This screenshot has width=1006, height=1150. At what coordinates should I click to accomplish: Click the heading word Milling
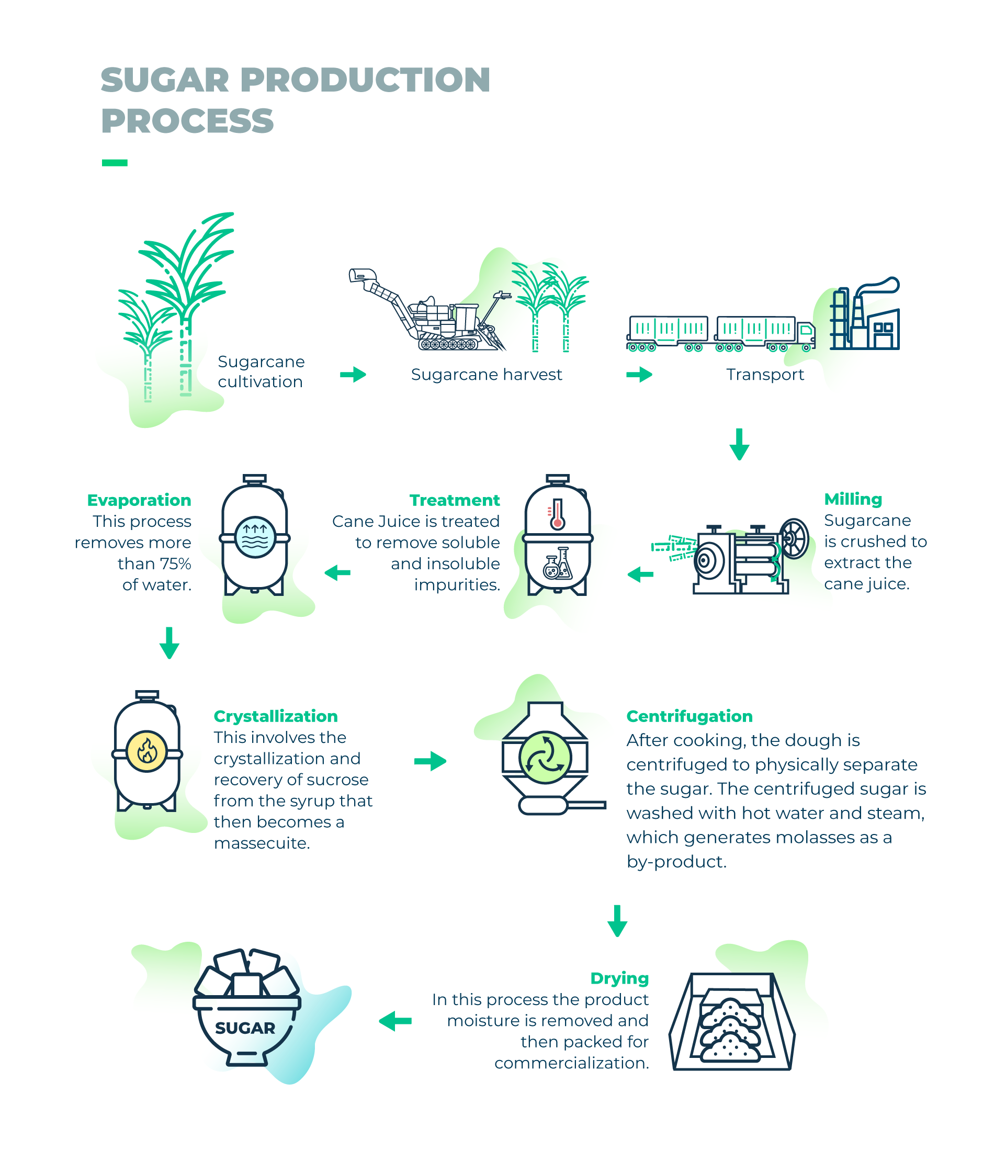point(852,499)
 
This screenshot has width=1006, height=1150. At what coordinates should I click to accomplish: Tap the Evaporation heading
point(139,500)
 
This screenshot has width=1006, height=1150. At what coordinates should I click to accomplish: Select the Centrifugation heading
point(689,716)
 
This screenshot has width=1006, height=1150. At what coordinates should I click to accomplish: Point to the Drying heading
point(619,978)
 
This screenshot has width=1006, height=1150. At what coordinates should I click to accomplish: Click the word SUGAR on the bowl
point(245,1028)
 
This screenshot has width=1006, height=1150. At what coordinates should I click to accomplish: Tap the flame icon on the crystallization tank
point(146,751)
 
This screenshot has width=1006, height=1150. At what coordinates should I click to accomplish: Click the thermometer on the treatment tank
point(557,514)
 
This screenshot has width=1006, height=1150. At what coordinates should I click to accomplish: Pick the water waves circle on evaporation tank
point(255,537)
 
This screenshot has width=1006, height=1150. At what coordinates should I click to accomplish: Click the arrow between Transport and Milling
point(739,445)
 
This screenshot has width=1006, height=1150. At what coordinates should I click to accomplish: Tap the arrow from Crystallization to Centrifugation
point(430,761)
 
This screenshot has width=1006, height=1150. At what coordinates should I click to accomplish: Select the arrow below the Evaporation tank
point(169,643)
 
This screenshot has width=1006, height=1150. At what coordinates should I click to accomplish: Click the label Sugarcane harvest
point(486,375)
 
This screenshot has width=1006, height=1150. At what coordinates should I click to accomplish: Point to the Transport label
point(765,375)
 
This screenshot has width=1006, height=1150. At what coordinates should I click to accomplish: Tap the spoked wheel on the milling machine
point(794,538)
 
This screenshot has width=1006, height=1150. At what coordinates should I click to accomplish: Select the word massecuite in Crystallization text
point(262,843)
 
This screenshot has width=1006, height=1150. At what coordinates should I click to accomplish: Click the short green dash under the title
point(115,163)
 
